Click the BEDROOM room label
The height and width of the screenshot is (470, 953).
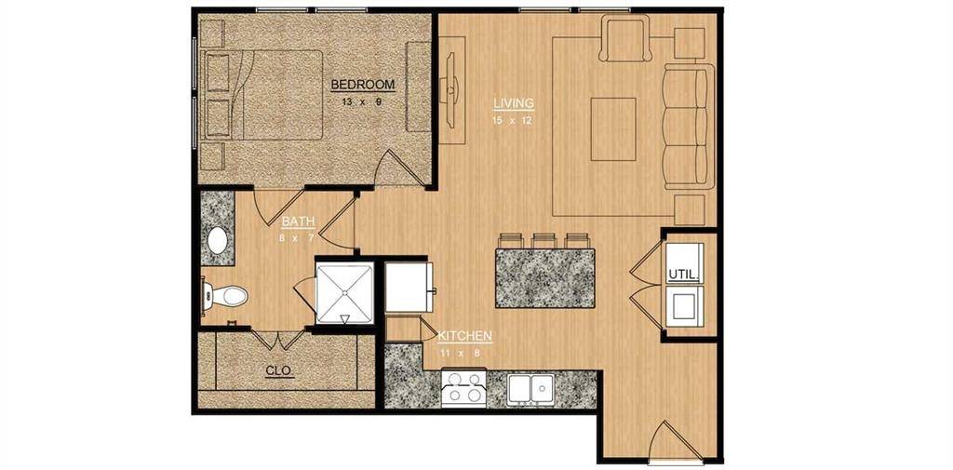(363, 85)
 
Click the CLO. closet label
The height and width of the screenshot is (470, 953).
(279, 370)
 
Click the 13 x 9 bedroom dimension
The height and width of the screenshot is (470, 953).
(363, 101)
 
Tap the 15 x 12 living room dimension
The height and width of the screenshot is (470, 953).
(514, 120)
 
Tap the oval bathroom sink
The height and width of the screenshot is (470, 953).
(219, 241)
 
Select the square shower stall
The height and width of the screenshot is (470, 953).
(344, 291)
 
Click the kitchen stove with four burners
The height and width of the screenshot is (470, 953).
(463, 388)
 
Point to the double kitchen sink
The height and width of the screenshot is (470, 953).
(531, 387)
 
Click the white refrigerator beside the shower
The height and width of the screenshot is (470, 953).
(409, 288)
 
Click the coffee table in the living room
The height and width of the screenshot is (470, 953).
(614, 128)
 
